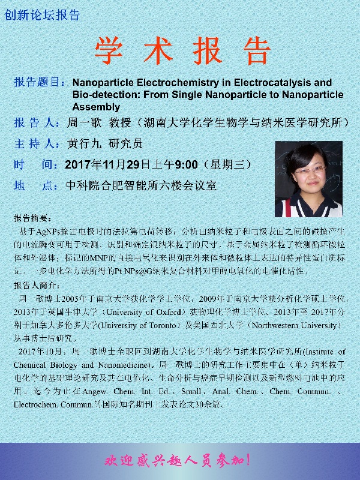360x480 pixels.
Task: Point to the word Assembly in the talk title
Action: pyautogui.click(x=96, y=107)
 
